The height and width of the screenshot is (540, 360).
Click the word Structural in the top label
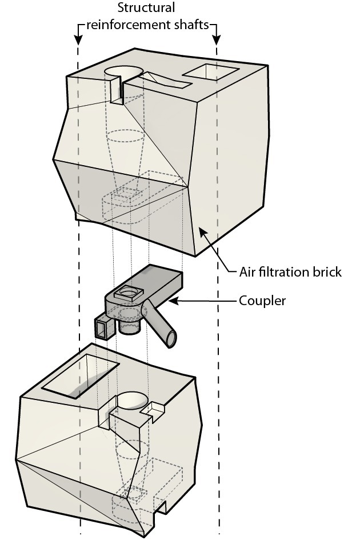[x=146, y=9]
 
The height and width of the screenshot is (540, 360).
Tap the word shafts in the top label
[x=191, y=26]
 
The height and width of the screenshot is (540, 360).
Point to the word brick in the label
[x=327, y=272]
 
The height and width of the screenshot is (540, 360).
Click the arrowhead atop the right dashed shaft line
[x=217, y=41]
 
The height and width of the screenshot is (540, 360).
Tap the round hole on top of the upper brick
[x=125, y=71]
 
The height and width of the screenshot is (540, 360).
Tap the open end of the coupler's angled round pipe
[x=170, y=340]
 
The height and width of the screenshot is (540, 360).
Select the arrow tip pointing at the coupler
[x=172, y=299]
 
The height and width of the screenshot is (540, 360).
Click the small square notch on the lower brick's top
[x=155, y=409]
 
